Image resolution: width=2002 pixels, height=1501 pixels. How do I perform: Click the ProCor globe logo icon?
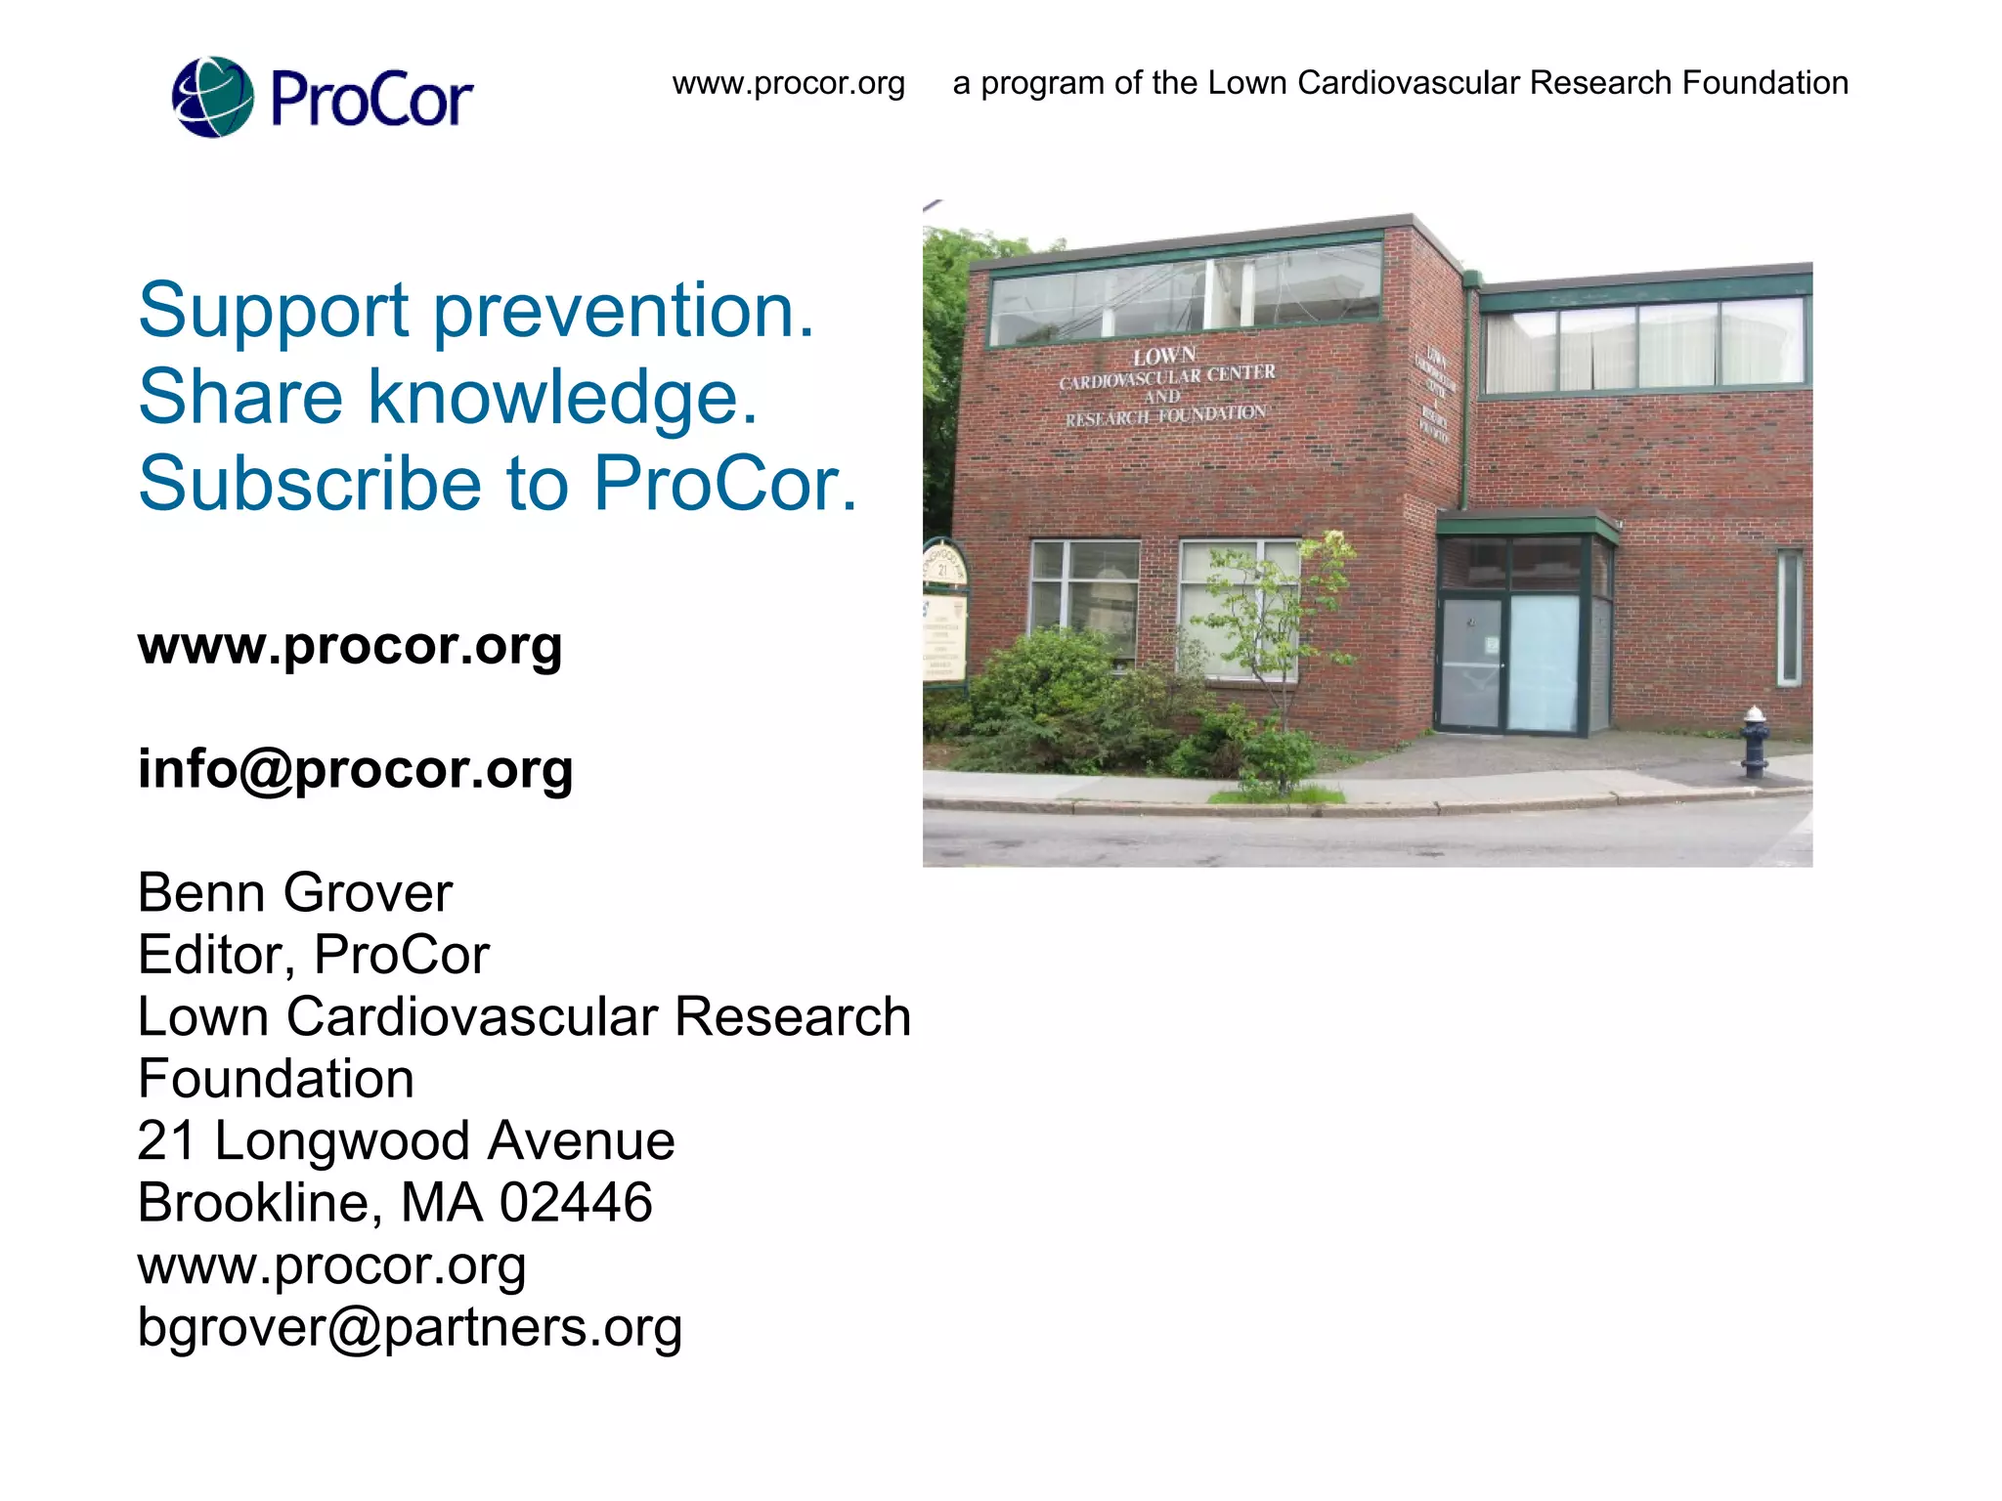[x=212, y=97]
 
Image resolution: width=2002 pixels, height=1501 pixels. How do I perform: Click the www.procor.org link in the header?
[x=788, y=83]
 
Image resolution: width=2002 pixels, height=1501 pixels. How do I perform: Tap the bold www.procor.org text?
[x=350, y=646]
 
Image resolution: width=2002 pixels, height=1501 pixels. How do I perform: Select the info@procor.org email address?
[x=355, y=769]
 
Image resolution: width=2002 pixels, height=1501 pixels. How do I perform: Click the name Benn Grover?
[x=294, y=893]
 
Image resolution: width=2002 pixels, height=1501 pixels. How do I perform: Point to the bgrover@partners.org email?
[x=410, y=1327]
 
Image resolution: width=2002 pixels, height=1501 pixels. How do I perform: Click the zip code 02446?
[x=576, y=1203]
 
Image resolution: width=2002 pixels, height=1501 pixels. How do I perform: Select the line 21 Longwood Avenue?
[x=406, y=1141]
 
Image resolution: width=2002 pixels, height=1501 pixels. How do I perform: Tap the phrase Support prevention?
[x=476, y=311]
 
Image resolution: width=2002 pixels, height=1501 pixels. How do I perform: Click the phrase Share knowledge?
[x=449, y=397]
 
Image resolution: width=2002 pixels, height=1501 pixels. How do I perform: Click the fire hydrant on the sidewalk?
[x=1755, y=742]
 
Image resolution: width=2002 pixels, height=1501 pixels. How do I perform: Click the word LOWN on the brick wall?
[x=1164, y=356]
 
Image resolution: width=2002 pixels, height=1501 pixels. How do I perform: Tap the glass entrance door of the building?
[x=1542, y=663]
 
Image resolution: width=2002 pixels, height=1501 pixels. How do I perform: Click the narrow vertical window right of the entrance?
[x=1789, y=618]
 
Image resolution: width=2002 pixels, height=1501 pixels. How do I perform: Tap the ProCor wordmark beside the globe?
[x=370, y=99]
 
